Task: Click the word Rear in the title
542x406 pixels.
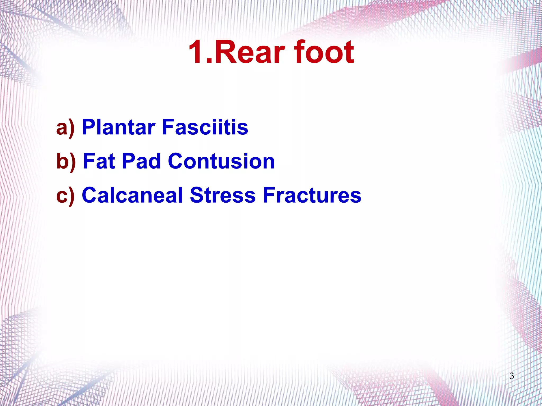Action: coord(250,52)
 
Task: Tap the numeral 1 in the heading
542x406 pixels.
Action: coord(197,52)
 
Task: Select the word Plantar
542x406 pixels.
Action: coord(119,127)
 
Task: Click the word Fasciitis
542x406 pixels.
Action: coord(205,127)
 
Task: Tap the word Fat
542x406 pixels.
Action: coord(99,161)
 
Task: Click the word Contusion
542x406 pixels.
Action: coord(221,161)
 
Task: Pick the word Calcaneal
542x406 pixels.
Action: coord(132,195)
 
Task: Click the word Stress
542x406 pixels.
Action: coord(223,195)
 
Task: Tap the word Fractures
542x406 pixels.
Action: coord(312,195)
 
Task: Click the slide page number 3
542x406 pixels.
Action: coord(512,376)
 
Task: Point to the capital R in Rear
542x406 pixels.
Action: coord(224,52)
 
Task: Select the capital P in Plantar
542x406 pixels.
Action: coord(89,127)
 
